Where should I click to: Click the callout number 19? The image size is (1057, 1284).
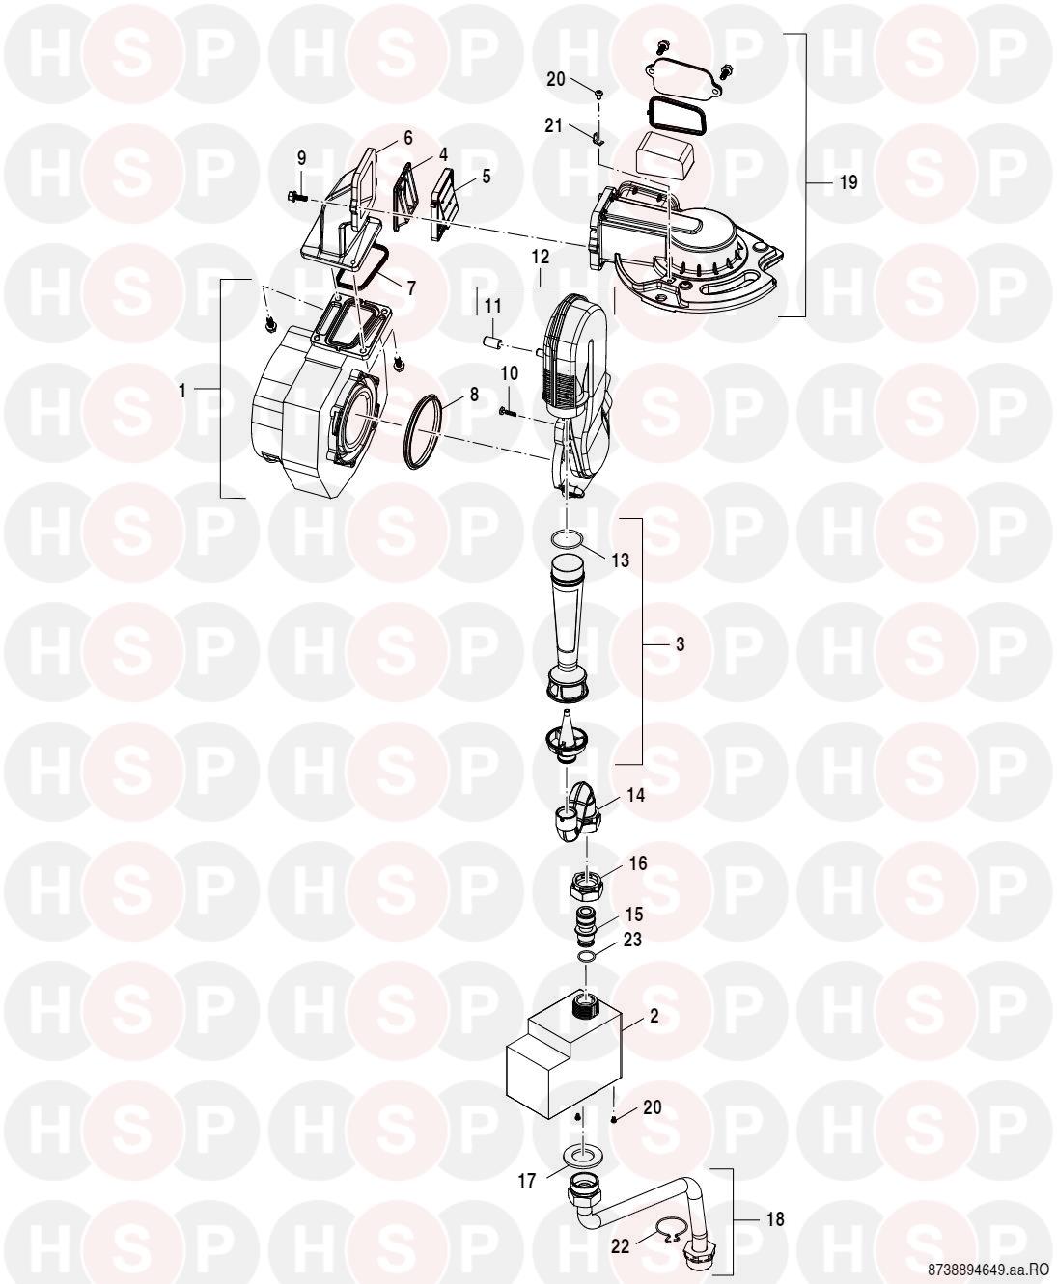point(848,182)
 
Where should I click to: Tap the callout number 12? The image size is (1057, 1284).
point(541,257)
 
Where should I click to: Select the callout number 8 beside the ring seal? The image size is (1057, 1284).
point(474,395)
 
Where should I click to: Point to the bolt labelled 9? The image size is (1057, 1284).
point(296,196)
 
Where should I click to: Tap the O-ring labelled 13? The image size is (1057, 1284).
point(564,538)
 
